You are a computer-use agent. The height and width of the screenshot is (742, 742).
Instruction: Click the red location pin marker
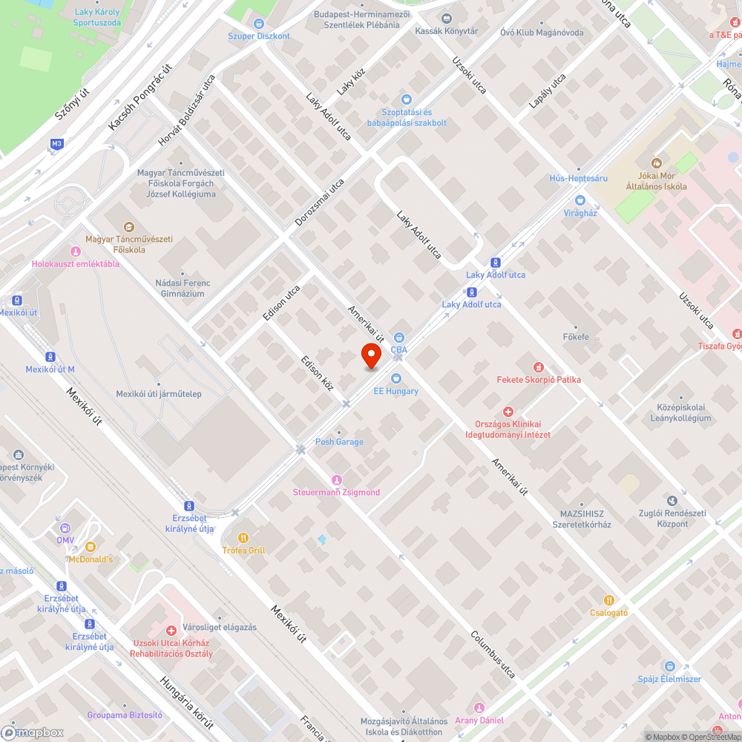point(371,356)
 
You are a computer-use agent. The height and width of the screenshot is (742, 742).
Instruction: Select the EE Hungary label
point(395,391)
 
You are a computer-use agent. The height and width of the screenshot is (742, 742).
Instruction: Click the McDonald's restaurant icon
point(91,547)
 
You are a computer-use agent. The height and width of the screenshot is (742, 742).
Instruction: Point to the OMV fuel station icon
point(66,528)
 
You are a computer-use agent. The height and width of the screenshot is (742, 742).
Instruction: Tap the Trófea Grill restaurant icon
point(243,538)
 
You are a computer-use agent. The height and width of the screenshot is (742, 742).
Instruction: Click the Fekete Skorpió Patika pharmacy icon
point(539,367)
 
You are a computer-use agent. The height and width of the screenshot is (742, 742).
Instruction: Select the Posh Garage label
point(339,442)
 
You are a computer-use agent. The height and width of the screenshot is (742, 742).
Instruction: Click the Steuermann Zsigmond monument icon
point(337,480)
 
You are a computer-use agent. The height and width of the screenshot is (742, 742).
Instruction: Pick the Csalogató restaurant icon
point(609,600)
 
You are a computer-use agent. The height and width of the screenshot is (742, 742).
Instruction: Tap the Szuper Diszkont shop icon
point(259,24)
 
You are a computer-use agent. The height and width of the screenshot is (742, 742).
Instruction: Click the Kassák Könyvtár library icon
point(446,19)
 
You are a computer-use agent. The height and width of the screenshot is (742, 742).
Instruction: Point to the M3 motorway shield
point(57,143)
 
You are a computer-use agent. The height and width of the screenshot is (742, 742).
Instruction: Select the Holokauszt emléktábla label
point(75,264)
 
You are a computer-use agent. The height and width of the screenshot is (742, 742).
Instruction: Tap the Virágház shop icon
point(580,200)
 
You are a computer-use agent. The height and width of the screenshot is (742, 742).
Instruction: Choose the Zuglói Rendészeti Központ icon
point(672,502)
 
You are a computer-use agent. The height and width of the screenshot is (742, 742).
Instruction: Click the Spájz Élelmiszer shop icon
point(669,666)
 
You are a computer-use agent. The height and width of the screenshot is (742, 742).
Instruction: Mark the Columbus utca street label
point(493,655)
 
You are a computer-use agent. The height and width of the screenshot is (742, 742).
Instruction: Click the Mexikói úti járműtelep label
point(159,394)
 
